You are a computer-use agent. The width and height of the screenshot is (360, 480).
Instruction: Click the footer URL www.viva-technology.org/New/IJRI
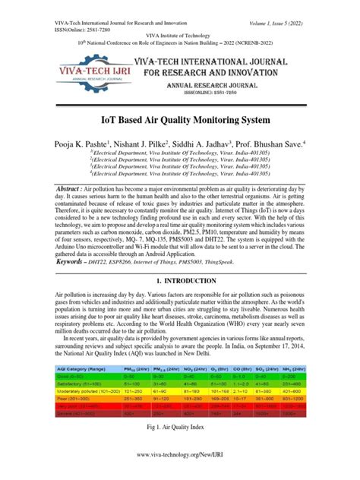180,466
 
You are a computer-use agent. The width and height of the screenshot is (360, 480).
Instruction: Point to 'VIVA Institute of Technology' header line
179,34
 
